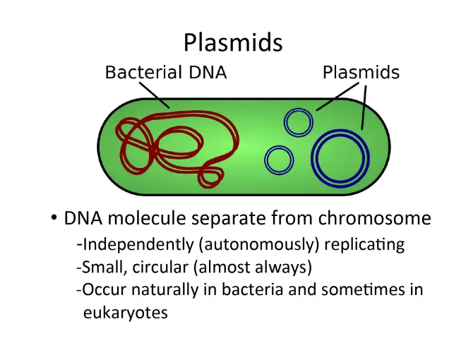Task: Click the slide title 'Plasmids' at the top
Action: click(233, 42)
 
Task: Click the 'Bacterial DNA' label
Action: click(166, 72)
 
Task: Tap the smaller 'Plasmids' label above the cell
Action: click(361, 72)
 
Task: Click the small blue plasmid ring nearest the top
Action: click(298, 122)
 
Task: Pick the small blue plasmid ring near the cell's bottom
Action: click(280, 160)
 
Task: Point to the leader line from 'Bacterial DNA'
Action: click(155, 95)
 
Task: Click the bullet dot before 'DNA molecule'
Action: click(54, 218)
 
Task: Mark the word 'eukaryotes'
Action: click(126, 312)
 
